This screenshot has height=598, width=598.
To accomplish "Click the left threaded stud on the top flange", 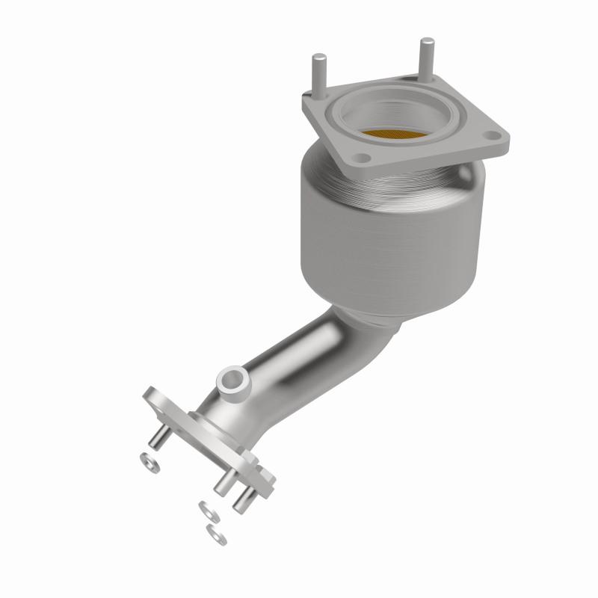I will (317, 72).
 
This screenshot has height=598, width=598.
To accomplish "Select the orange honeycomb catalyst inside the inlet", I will (396, 135).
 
